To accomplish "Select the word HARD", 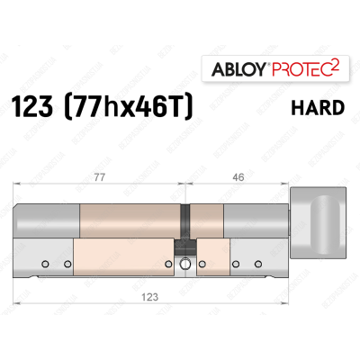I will [318, 108].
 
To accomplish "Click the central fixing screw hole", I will [184, 265].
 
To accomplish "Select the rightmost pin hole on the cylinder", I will [258, 263].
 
